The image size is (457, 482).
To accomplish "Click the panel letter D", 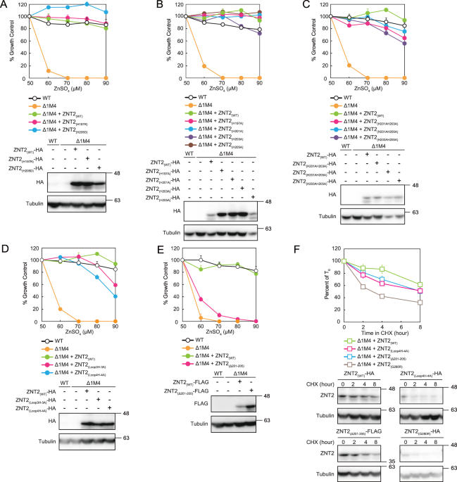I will (6, 250).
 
